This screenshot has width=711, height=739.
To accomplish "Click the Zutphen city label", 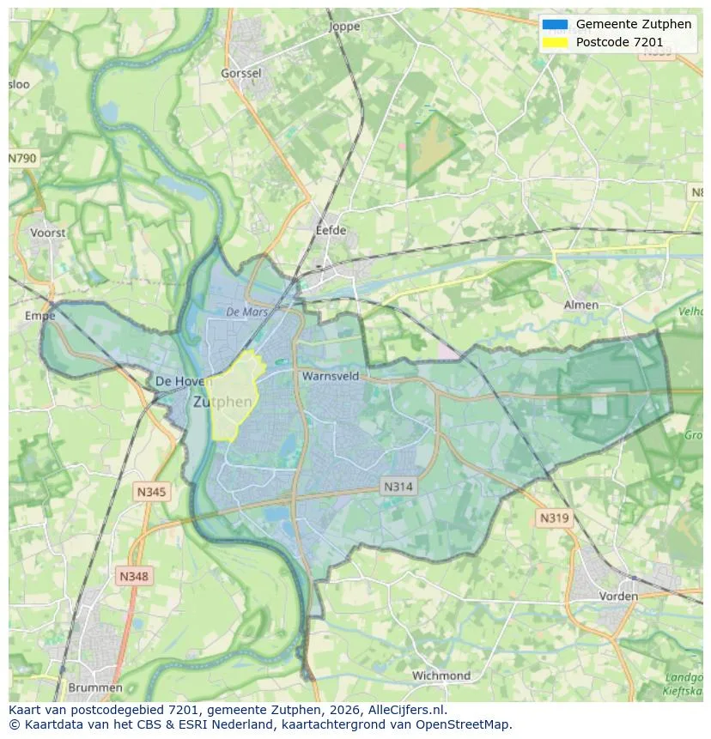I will (x=222, y=402).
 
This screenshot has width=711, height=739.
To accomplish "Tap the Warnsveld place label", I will (x=330, y=376).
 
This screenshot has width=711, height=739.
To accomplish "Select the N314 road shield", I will (x=398, y=487).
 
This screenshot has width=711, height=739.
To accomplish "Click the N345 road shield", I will (x=151, y=492).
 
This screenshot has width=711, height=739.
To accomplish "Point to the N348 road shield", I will (x=133, y=577).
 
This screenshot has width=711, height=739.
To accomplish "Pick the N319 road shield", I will (x=554, y=518).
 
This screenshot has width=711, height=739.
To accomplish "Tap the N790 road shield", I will (x=23, y=159).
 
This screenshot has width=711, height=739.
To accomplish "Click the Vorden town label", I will (x=618, y=596).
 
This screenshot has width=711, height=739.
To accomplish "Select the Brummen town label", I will (x=94, y=688).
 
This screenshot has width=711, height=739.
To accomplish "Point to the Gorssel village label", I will (x=240, y=74).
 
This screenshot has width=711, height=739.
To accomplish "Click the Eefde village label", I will (x=331, y=231).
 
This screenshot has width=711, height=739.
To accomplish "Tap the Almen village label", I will (x=580, y=305).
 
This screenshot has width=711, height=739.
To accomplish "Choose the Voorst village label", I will (x=47, y=233).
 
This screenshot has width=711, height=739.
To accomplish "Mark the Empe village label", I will (x=39, y=316).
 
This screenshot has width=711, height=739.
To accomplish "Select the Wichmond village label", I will (x=441, y=675).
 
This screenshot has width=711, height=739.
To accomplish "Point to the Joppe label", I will (x=344, y=27).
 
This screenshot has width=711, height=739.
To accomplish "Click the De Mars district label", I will (x=247, y=312).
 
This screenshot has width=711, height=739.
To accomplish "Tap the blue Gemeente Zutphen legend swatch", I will (x=555, y=24).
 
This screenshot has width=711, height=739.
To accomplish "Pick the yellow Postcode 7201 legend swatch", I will (x=555, y=42).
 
